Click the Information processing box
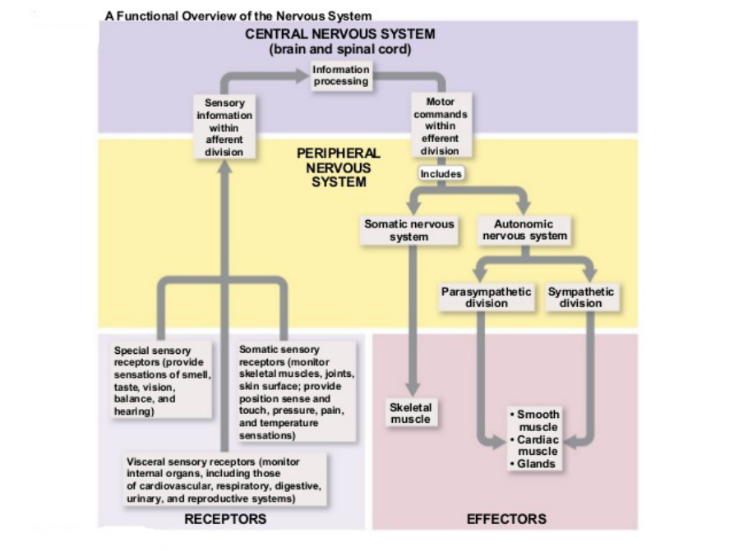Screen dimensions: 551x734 click(x=341, y=76)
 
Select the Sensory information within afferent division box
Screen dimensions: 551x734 click(x=224, y=127)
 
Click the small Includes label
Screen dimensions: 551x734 click(x=441, y=174)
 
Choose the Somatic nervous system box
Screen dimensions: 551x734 click(x=409, y=230)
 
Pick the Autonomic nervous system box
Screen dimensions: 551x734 click(x=524, y=230)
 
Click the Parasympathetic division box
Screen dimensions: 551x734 click(x=486, y=297)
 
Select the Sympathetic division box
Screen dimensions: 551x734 click(x=580, y=297)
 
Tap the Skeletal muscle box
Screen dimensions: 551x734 click(x=410, y=413)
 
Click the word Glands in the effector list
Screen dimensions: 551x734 click(x=536, y=464)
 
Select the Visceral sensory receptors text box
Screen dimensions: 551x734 click(x=223, y=480)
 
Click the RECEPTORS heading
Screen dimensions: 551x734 click(x=225, y=519)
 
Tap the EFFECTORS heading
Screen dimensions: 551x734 click(x=506, y=519)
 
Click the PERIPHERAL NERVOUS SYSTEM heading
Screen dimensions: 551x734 click(x=339, y=168)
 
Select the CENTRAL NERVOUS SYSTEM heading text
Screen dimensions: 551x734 click(x=340, y=34)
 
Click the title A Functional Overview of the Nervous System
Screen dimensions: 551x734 click(x=238, y=16)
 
